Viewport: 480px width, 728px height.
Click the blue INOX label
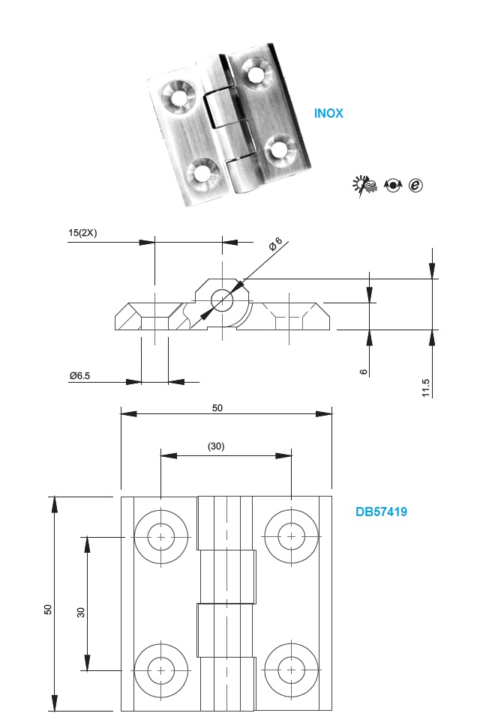tap(328, 113)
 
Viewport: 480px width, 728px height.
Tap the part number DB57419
tap(381, 512)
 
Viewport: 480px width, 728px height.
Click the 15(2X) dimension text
tap(82, 233)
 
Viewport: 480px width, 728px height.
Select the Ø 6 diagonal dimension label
tap(275, 243)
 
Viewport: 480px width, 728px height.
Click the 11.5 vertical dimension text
tap(425, 388)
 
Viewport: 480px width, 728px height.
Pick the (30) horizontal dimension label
tap(216, 446)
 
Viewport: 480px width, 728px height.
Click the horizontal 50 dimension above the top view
tap(217, 408)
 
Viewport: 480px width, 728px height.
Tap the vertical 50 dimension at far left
tap(48, 610)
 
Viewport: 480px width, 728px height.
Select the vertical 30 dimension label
tap(81, 613)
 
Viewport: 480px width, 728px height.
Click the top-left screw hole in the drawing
tap(161, 537)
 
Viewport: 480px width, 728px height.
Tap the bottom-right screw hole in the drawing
tap(291, 670)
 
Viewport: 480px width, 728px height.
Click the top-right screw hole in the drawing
tap(291, 537)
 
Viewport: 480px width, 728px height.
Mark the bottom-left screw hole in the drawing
tap(161, 670)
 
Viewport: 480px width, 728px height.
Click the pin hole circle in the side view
tap(222, 301)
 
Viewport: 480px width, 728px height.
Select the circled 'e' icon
tap(415, 185)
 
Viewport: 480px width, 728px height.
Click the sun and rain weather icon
tap(364, 186)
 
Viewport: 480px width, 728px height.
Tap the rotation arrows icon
tap(393, 185)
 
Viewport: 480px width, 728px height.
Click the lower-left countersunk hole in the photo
tap(202, 175)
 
